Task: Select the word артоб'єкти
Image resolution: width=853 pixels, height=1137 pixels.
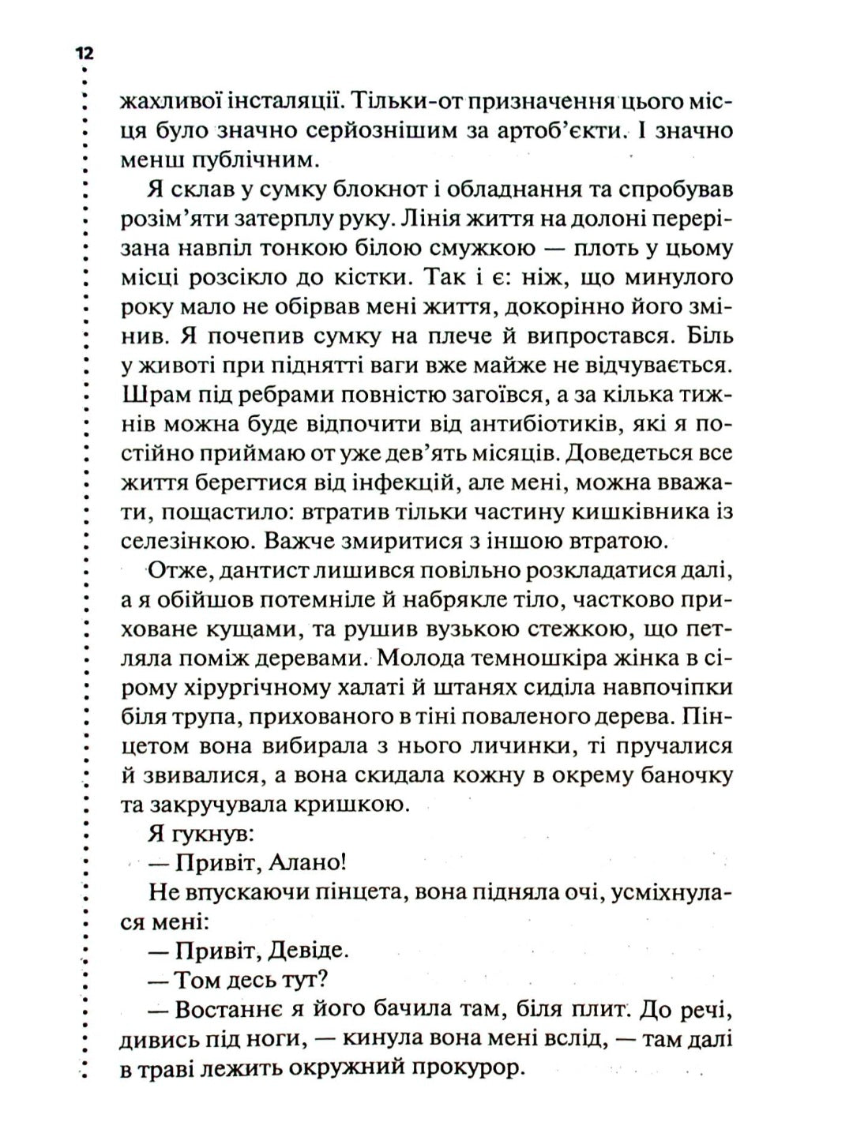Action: point(541,130)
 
